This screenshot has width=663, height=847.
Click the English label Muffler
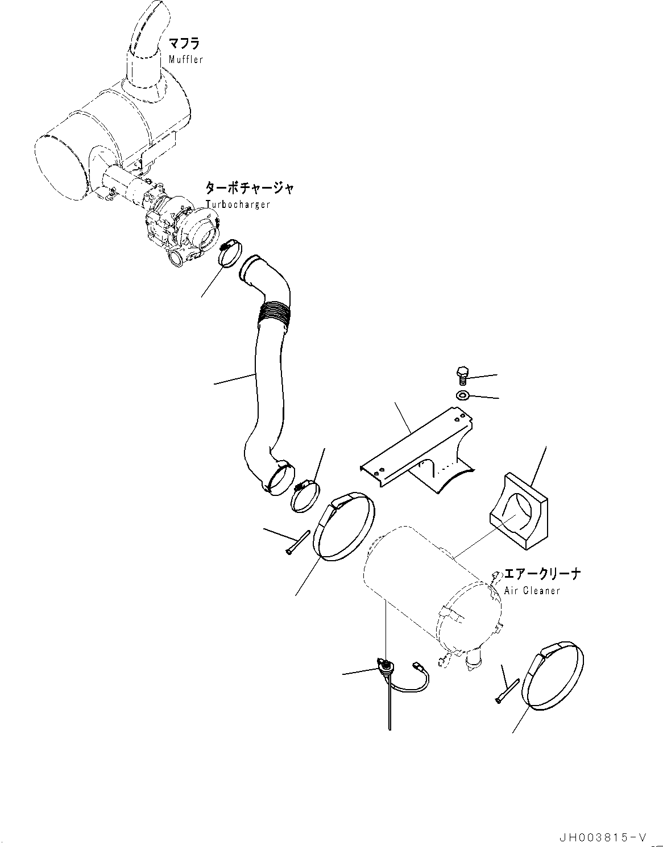[x=185, y=60]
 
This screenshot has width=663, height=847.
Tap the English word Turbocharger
[x=238, y=205]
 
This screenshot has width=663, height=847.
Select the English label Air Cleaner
[x=532, y=591]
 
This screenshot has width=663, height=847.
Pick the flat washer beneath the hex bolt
[x=462, y=395]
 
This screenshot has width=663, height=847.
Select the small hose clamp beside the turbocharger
[x=230, y=253]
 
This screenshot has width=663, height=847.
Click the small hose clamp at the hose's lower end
[x=305, y=494]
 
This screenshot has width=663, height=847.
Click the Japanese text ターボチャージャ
[x=250, y=188]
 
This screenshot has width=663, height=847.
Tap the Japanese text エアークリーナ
[x=542, y=574]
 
